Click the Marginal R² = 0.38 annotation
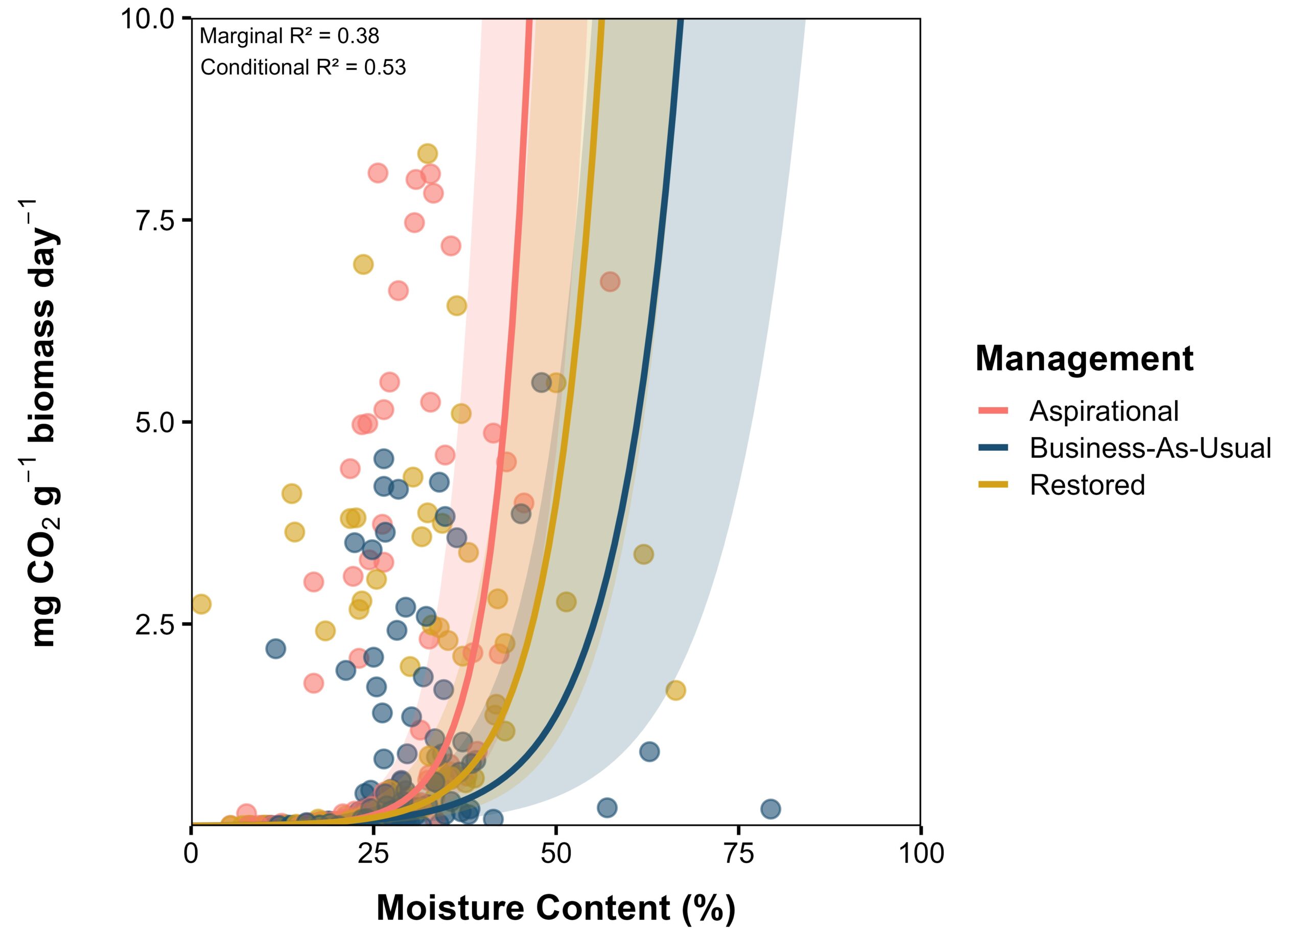[x=290, y=36]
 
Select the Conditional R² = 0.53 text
[x=303, y=67]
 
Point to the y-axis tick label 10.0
[x=148, y=18]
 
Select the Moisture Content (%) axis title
[x=556, y=908]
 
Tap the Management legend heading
[x=1084, y=358]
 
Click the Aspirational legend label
[x=1104, y=411]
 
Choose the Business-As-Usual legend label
[x=1151, y=448]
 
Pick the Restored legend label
[x=1087, y=485]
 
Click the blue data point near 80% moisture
[x=770, y=809]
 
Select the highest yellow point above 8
[x=427, y=154]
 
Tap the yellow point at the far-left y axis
[x=201, y=605]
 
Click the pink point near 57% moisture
[x=610, y=282]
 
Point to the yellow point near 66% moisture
[x=675, y=690]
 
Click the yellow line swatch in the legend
[x=993, y=485]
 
